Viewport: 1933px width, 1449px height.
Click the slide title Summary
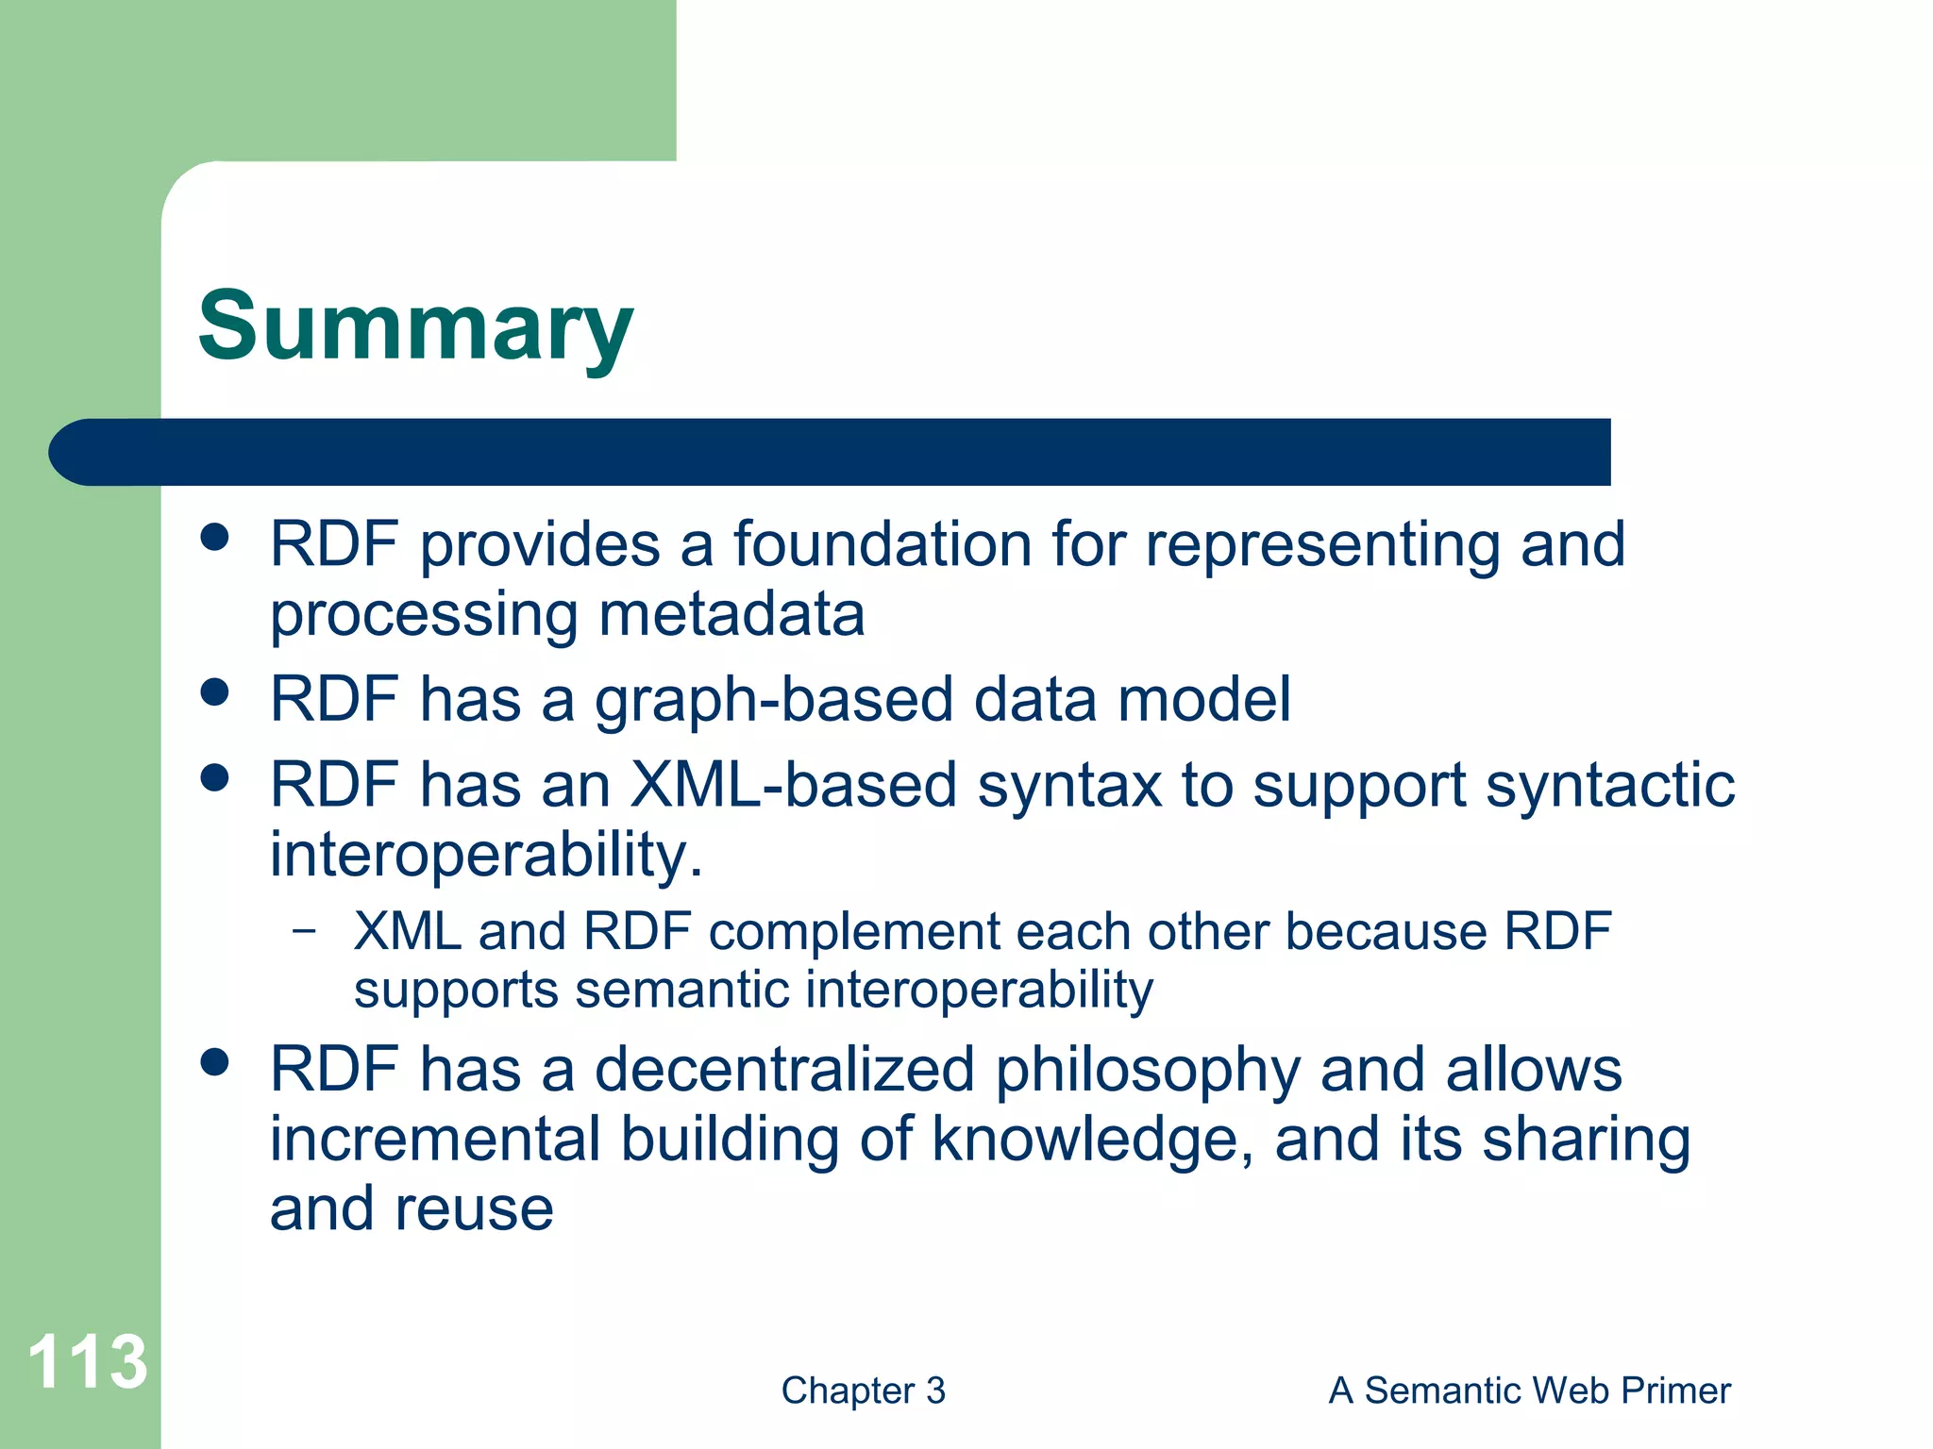coord(415,327)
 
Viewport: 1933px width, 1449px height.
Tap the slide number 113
coord(87,1361)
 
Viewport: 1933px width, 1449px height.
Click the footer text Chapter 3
coord(863,1391)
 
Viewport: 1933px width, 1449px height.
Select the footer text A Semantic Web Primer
coord(1529,1391)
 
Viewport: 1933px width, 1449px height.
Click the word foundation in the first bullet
coord(882,545)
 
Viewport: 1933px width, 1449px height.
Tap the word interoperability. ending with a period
coord(486,855)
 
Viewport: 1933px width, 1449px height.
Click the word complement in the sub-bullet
coord(853,932)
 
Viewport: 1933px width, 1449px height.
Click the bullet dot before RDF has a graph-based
coord(215,692)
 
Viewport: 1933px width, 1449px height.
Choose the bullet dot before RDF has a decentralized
coord(215,1062)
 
